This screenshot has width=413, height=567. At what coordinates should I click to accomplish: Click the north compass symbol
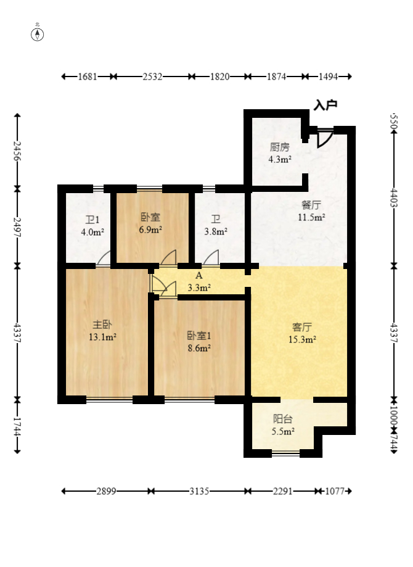click(x=38, y=33)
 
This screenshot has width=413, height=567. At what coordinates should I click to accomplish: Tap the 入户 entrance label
click(x=325, y=106)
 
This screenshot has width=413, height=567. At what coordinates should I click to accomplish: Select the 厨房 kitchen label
click(x=279, y=147)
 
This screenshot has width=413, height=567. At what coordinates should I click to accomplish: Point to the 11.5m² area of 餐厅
click(x=312, y=217)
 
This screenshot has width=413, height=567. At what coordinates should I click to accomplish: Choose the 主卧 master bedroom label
click(x=102, y=325)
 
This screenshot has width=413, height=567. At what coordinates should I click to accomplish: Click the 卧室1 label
click(x=200, y=336)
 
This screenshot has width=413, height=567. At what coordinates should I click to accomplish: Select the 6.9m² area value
click(x=150, y=230)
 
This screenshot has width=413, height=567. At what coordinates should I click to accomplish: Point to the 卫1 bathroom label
click(x=93, y=220)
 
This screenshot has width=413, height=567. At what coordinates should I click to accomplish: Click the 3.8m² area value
click(x=216, y=232)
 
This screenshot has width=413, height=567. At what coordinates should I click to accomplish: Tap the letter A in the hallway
click(x=199, y=276)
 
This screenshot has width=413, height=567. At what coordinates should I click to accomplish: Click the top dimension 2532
click(x=152, y=77)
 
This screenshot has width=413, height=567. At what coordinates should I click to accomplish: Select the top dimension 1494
click(x=328, y=77)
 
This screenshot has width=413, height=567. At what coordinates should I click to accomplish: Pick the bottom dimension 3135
click(x=199, y=491)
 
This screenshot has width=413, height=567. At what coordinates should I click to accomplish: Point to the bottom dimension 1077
click(x=336, y=491)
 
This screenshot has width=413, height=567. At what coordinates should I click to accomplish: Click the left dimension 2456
click(x=18, y=151)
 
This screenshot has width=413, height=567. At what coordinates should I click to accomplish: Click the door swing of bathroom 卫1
click(x=104, y=259)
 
